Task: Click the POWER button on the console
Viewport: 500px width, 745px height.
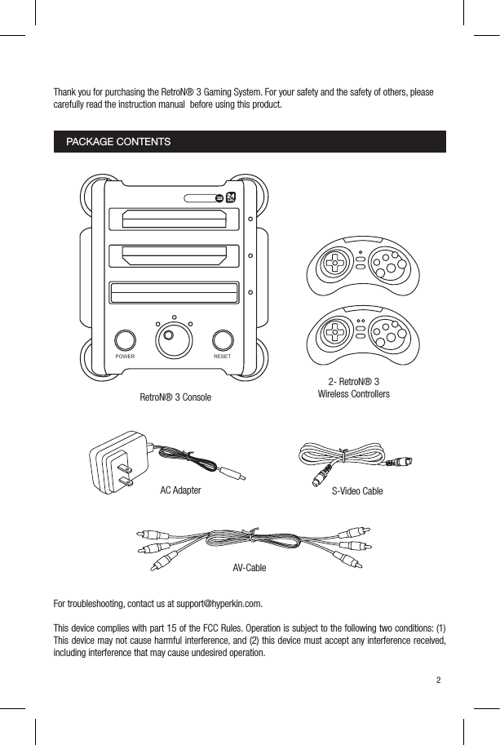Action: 125,340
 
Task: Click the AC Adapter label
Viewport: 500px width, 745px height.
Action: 180,490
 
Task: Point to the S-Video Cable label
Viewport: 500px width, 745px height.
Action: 356,491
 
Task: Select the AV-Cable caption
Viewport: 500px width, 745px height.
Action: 249,567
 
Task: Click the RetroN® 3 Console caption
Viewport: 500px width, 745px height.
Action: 175,397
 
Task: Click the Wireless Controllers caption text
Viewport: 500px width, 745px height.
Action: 353,394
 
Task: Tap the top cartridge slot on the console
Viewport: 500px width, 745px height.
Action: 174,219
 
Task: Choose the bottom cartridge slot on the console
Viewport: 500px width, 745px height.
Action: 174,292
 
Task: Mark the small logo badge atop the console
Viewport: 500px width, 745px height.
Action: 230,197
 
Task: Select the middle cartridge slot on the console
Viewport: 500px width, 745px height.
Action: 174,256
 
